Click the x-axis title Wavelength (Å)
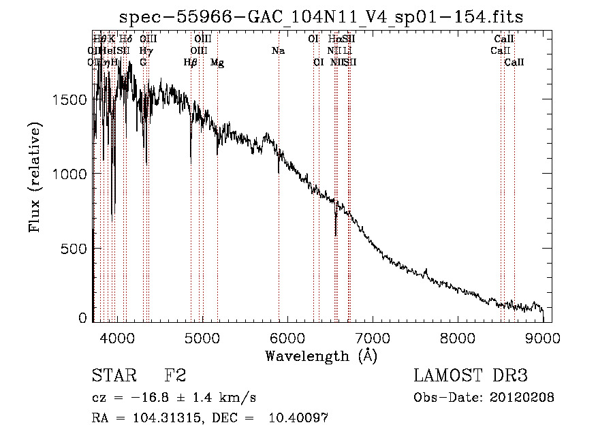(x=321, y=356)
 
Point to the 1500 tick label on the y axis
(x=69, y=100)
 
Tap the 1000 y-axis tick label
(x=69, y=174)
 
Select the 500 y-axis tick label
(x=75, y=249)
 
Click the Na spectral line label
(x=278, y=50)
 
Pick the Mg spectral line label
(x=217, y=63)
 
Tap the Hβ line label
(x=191, y=63)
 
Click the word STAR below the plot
(x=114, y=376)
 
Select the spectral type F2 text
(x=175, y=376)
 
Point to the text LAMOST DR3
(x=471, y=376)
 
